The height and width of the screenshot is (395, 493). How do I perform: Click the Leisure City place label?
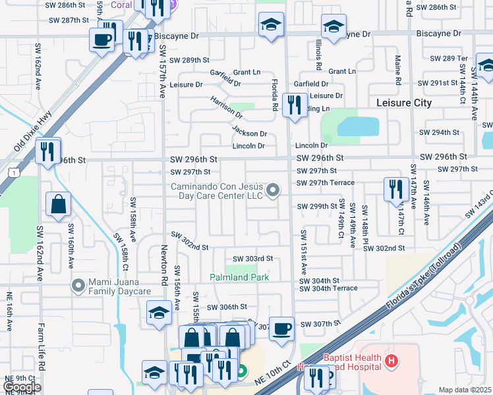click(x=403, y=103)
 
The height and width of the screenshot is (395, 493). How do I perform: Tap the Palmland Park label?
click(x=239, y=278)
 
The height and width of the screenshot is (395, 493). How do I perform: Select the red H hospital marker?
click(x=391, y=360)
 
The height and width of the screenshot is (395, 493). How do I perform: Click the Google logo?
click(x=21, y=387)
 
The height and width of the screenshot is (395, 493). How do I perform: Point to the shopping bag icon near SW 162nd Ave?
click(x=59, y=203)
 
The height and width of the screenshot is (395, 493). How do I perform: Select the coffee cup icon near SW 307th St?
click(x=282, y=329)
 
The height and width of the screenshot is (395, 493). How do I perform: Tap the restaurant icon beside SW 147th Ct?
click(x=394, y=189)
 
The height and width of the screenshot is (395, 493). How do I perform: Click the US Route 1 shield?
click(x=13, y=172)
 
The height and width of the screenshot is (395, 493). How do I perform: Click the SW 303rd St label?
click(x=252, y=259)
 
